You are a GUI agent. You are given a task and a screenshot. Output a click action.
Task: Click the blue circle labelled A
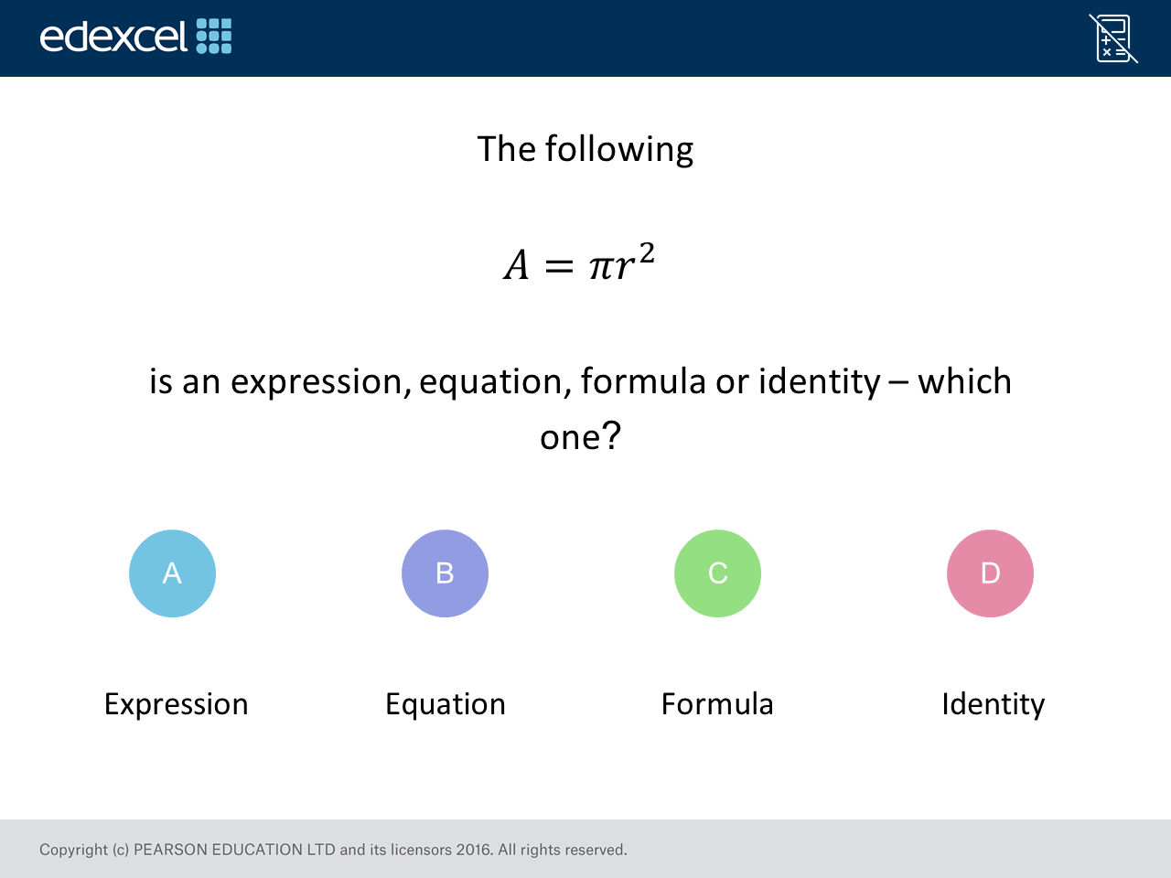(x=172, y=573)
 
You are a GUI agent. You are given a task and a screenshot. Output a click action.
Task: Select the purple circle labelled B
(x=445, y=573)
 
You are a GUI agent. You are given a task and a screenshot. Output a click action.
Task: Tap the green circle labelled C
(x=717, y=573)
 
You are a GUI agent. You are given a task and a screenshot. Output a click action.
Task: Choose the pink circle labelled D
(x=990, y=573)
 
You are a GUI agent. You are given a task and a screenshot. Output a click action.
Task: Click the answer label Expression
(x=176, y=704)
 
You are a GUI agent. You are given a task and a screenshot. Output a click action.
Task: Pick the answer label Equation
(x=446, y=704)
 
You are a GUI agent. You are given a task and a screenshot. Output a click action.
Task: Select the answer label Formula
(x=717, y=703)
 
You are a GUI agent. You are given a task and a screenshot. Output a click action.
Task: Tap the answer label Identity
(x=993, y=704)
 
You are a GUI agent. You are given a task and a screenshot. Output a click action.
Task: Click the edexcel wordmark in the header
(x=113, y=37)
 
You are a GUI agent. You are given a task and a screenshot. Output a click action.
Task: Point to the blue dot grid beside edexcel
(x=214, y=37)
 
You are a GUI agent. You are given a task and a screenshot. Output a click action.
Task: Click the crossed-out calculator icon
(x=1112, y=38)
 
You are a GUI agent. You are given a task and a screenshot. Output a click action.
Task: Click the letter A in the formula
(x=516, y=265)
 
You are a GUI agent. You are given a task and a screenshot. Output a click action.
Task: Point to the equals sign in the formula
(x=559, y=266)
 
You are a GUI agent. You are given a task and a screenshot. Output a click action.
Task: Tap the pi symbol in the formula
(x=601, y=268)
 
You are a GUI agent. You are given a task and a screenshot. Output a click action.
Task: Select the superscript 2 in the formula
(x=647, y=253)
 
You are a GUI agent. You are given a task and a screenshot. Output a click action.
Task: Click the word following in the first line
(x=618, y=149)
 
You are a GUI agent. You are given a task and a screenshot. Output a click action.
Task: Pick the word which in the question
(x=964, y=381)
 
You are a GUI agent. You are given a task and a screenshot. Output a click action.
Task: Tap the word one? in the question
(x=580, y=436)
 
